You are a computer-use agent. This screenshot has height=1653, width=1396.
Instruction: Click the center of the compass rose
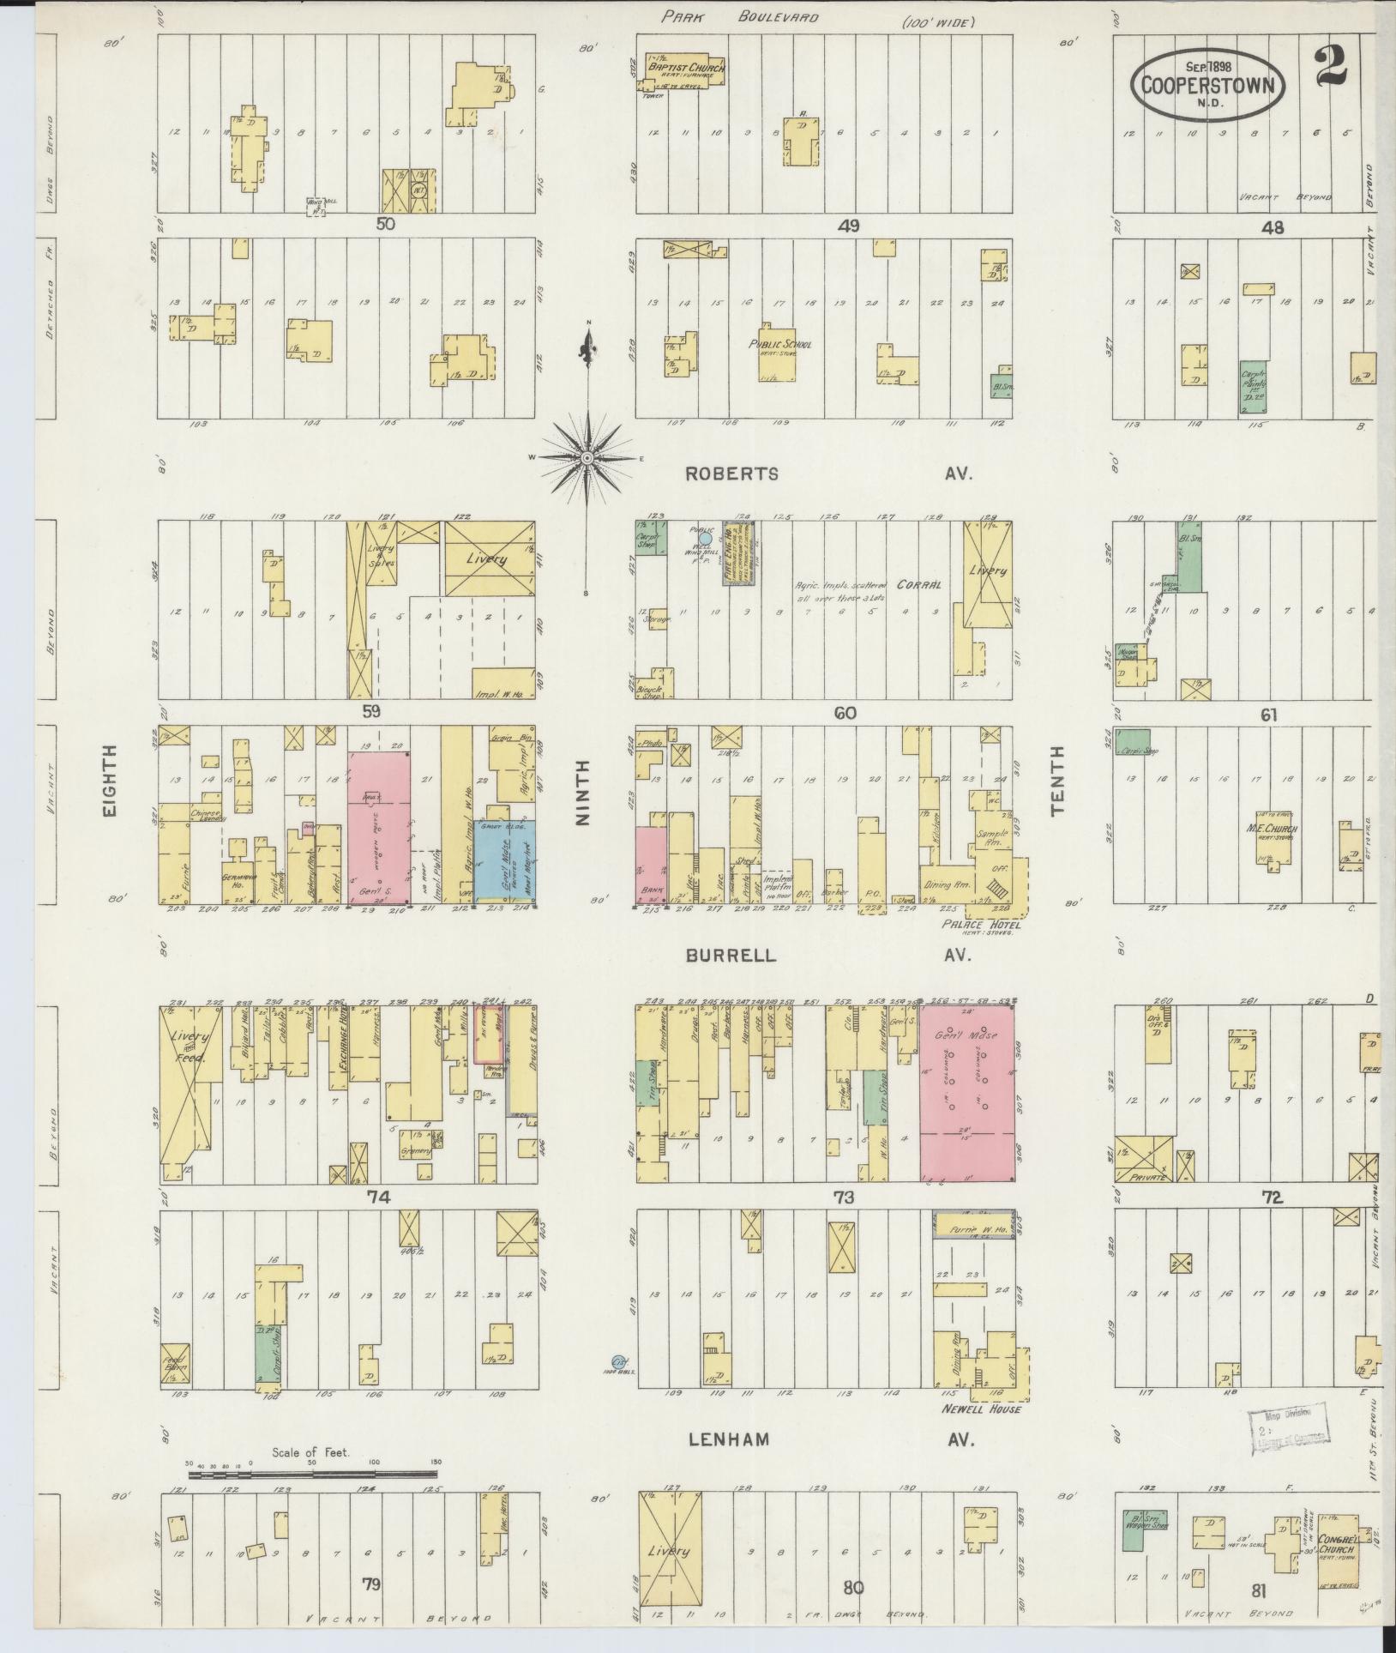click(587, 459)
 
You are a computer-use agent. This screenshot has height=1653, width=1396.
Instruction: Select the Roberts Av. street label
click(731, 474)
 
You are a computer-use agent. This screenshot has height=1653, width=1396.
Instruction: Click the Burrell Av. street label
click(731, 956)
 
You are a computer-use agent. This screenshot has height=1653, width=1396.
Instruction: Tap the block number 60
click(844, 713)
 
